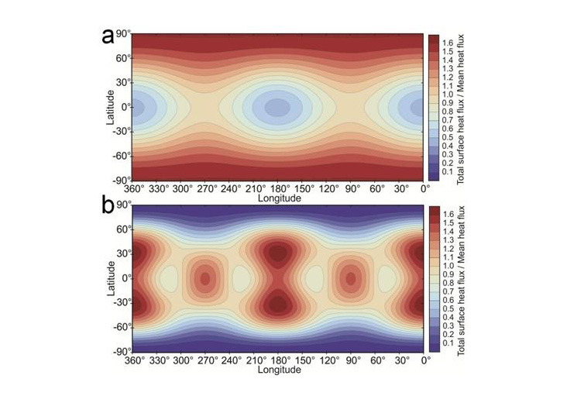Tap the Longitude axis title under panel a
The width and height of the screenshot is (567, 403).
[x=279, y=198]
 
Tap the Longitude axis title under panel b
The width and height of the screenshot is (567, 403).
[x=279, y=369]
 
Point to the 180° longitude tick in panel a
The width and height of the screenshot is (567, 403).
[x=279, y=188]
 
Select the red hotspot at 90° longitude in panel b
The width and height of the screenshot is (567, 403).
[x=351, y=277]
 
